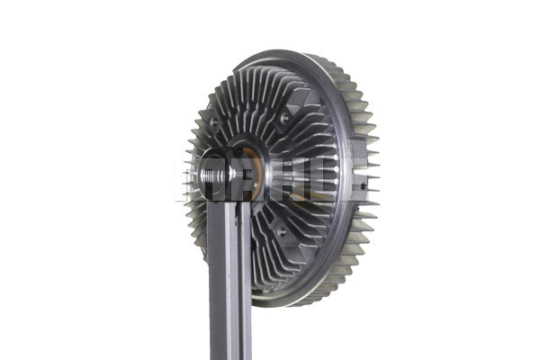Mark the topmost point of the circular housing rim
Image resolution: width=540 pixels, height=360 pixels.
[279, 51]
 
